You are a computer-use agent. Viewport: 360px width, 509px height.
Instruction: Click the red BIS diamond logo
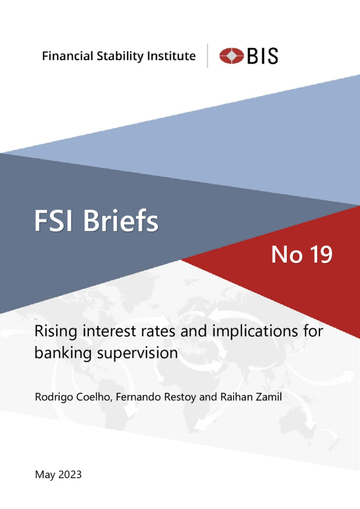[x=231, y=56]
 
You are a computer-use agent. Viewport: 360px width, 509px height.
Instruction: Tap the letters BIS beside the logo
[x=263, y=56]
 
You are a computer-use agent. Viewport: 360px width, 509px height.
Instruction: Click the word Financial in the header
[x=68, y=56]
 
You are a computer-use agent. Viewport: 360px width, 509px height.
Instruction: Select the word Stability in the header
[x=120, y=56]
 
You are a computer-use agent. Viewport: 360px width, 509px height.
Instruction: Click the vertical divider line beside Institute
[x=208, y=56]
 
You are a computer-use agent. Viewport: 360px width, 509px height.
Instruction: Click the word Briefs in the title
[x=121, y=220]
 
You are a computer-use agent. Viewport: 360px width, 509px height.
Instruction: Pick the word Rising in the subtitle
[x=56, y=332]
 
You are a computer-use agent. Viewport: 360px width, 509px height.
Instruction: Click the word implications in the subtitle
[x=255, y=332]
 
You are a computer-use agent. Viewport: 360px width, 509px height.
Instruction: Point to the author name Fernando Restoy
[x=156, y=397]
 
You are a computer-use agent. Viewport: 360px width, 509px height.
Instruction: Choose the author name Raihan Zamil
[x=251, y=397]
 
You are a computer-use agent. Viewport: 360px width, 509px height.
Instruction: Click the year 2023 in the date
[x=70, y=475]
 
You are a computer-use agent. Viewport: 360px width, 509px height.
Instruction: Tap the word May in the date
[x=45, y=475]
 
